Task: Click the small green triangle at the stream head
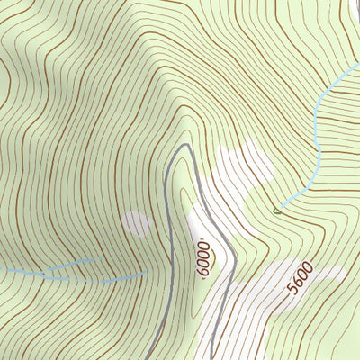[x=275, y=212]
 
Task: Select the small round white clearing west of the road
[x=137, y=223]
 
